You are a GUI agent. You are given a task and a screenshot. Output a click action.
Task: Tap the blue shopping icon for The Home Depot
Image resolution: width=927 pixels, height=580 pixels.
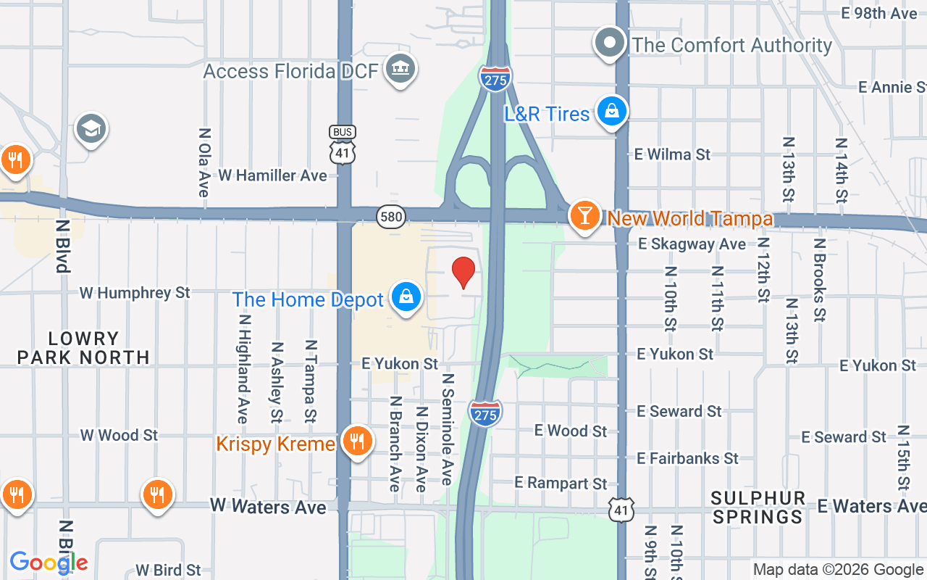click(406, 297)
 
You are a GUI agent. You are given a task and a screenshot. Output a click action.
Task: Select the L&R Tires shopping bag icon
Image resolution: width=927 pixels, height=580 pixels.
click(612, 112)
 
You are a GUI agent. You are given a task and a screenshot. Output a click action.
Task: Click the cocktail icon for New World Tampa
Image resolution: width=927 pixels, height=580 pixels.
click(584, 216)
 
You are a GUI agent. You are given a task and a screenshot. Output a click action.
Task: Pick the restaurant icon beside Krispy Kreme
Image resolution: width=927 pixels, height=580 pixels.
click(356, 441)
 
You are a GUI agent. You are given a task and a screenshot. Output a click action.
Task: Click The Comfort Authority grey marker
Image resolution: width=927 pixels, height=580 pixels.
click(610, 43)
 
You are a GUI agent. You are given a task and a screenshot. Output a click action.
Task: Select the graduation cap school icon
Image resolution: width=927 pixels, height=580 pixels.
click(91, 129)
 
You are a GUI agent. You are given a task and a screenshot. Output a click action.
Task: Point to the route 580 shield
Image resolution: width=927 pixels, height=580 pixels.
click(390, 216)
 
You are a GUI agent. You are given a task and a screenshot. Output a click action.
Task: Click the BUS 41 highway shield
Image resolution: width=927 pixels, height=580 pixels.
click(342, 144)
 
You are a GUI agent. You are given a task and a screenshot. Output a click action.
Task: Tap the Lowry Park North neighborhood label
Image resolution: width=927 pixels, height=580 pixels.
click(83, 348)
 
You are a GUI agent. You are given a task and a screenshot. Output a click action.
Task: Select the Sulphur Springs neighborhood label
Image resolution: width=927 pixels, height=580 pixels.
click(758, 507)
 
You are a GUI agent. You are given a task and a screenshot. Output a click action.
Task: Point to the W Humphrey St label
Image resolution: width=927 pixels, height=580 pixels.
click(135, 293)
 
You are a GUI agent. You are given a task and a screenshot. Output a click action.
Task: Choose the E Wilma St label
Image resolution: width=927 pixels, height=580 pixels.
click(672, 154)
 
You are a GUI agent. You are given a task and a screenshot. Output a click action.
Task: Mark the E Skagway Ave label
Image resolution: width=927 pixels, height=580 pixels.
click(692, 244)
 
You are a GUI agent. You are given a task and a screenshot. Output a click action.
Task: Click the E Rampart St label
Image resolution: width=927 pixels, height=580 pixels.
click(561, 483)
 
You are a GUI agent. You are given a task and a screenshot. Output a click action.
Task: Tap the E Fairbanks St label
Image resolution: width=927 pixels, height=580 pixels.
click(688, 458)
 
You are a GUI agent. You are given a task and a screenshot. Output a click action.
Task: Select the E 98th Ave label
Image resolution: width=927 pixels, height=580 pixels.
click(879, 13)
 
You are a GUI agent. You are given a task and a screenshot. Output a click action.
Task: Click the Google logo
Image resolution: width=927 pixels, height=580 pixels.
click(49, 562)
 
